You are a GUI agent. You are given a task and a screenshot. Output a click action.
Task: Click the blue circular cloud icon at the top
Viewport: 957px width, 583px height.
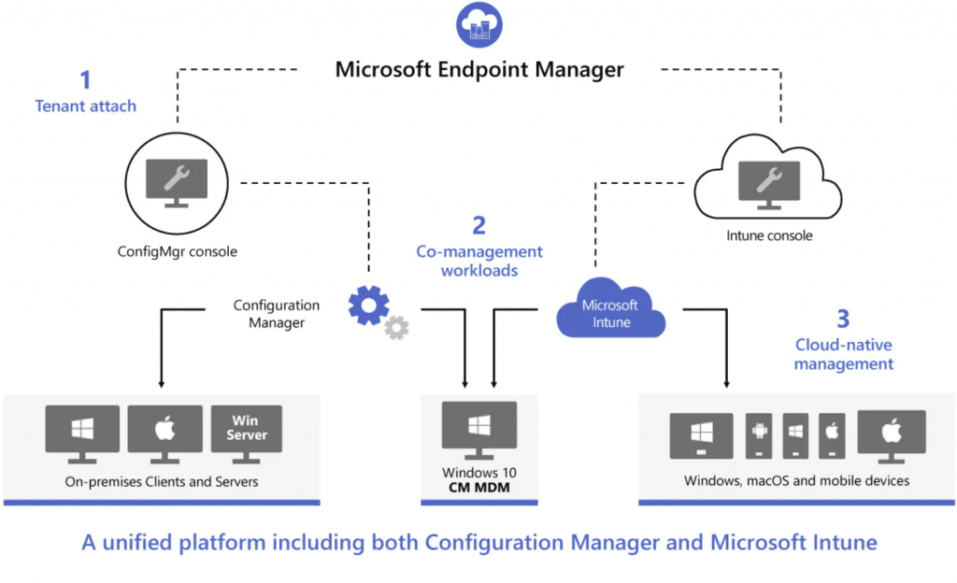coord(478,25)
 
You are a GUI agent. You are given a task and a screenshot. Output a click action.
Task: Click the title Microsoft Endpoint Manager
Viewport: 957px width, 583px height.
coord(479,69)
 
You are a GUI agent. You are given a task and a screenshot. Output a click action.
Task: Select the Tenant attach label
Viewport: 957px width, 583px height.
coord(85,106)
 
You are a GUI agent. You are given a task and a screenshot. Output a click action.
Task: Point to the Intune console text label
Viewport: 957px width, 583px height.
coord(769,235)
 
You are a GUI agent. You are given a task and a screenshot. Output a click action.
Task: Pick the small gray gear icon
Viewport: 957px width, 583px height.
coord(397,327)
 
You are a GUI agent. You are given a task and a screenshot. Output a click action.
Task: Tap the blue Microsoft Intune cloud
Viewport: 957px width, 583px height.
coord(610,313)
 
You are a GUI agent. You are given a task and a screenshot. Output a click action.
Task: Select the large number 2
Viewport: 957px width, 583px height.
coord(479,225)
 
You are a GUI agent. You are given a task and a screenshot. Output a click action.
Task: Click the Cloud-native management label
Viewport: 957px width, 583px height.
coord(843,354)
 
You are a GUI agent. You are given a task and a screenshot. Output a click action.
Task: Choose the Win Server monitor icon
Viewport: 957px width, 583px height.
coord(247,432)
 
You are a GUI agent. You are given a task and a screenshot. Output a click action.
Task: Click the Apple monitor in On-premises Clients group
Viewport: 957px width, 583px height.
coord(164,432)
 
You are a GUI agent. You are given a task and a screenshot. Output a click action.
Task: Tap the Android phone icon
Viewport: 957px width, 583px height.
coord(758,435)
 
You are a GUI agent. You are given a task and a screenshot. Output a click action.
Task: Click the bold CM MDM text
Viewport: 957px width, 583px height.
coord(479,488)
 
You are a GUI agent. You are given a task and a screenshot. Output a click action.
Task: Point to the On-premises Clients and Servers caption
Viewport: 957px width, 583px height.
coord(162,482)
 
